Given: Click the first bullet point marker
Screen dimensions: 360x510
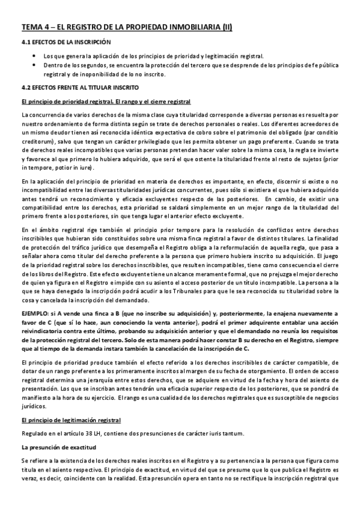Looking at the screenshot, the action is (x=34, y=56).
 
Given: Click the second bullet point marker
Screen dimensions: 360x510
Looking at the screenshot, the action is (x=34, y=64).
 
